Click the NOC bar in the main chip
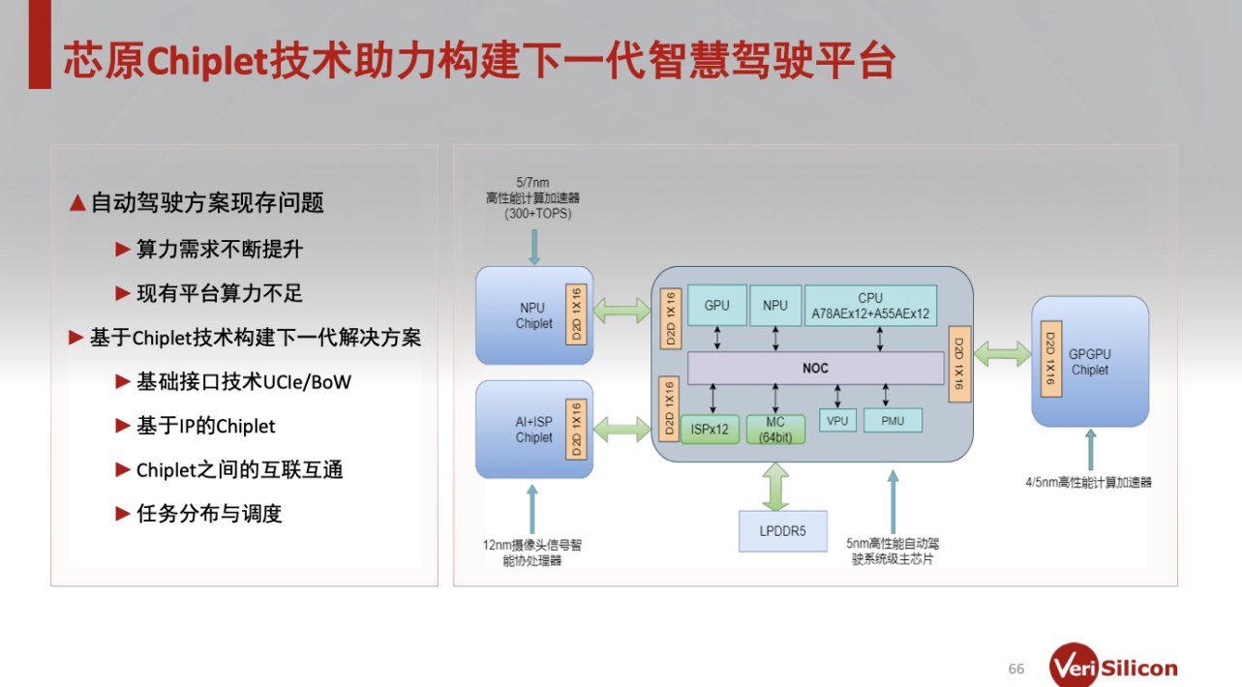point(815,368)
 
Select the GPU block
point(716,305)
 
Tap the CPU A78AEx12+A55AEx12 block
point(870,305)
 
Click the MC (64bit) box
point(775,428)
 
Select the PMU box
point(892,420)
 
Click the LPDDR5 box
point(782,531)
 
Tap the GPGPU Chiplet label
point(1089,362)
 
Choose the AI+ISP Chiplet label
point(533,430)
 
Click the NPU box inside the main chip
point(774,305)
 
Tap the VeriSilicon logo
point(1113,667)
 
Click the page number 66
point(1015,669)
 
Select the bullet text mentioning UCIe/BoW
point(243,382)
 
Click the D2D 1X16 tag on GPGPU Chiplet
point(1048,359)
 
